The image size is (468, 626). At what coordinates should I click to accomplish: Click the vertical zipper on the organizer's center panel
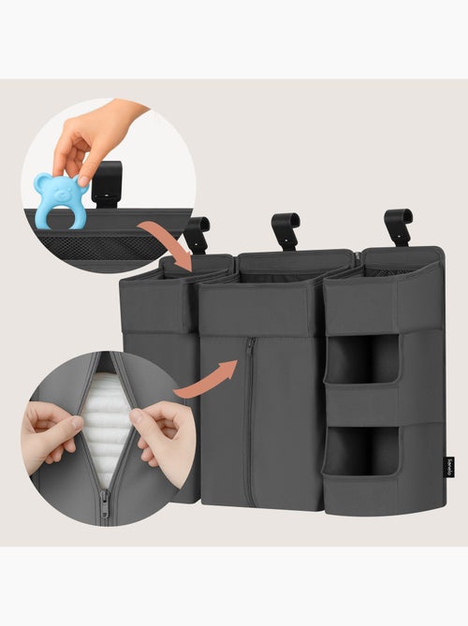[x=248, y=421]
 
